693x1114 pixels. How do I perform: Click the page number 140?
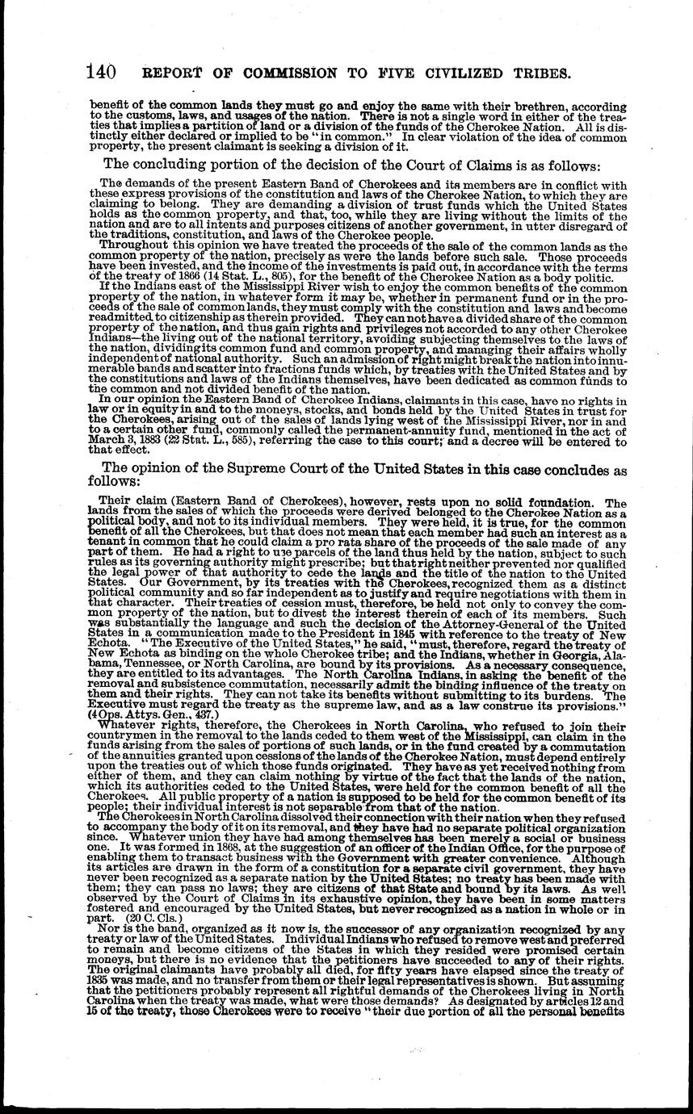tap(100, 72)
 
